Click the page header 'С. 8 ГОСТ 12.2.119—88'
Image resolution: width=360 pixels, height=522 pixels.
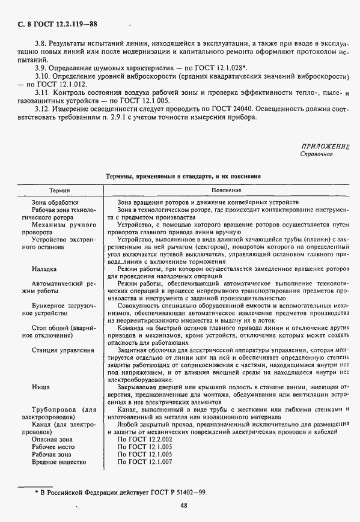pos(53,25)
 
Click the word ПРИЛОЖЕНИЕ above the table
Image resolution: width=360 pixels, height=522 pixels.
pos(325,147)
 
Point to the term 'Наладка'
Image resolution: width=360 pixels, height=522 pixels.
pos(44,270)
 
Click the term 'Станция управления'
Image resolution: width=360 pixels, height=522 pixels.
pos(63,350)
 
